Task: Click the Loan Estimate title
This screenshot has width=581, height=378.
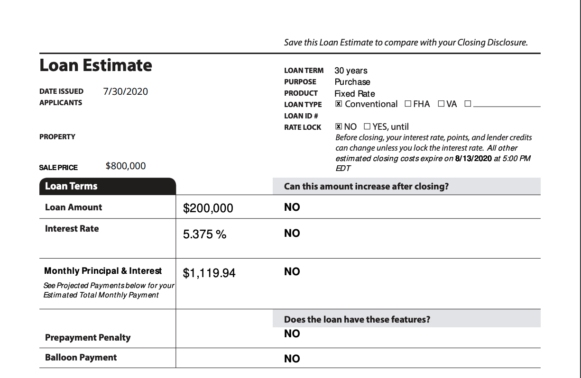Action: click(x=96, y=65)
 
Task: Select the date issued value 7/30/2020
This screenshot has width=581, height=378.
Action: click(x=125, y=91)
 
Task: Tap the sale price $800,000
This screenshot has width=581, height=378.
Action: click(x=126, y=166)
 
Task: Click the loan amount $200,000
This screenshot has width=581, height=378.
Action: click(x=208, y=208)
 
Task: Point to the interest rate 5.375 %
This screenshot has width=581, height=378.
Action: click(x=204, y=234)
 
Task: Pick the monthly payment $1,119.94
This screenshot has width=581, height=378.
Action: click(x=209, y=273)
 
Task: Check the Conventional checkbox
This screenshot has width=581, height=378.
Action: click(x=339, y=104)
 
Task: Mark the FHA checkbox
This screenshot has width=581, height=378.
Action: click(x=408, y=104)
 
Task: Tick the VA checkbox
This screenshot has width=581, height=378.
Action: click(x=441, y=104)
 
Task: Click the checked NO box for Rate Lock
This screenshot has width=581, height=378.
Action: click(x=339, y=126)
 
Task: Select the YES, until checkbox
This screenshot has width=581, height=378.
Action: click(x=367, y=126)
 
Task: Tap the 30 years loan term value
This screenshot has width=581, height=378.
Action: click(x=351, y=71)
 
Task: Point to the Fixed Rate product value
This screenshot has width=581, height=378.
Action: click(x=355, y=93)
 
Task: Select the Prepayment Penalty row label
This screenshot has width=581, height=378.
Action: click(x=88, y=337)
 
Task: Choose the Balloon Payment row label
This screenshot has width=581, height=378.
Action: click(x=81, y=358)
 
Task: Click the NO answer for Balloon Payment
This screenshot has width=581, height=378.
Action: click(x=292, y=359)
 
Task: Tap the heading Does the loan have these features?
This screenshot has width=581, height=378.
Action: click(x=357, y=319)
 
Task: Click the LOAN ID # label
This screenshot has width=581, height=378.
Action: click(x=301, y=116)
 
